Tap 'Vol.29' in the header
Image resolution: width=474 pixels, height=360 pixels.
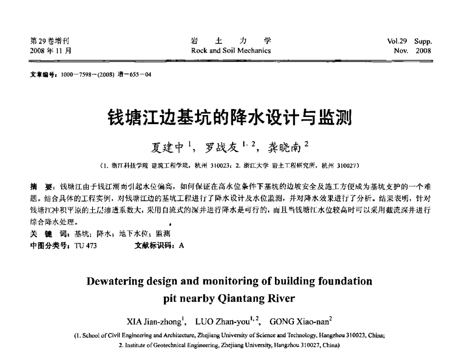(x=397, y=41)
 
